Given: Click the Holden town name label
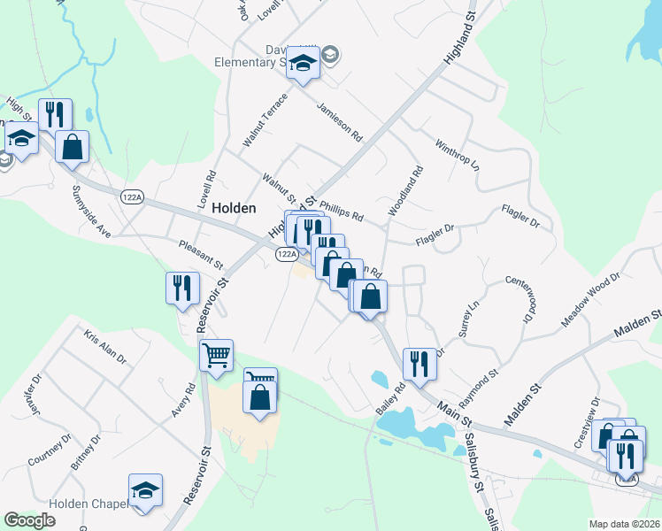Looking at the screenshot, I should (234, 208).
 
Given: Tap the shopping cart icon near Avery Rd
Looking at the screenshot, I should (216, 356).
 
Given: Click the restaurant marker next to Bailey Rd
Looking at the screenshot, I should (417, 364).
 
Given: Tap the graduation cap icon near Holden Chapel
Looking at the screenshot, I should (146, 491).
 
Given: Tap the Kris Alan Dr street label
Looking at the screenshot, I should (105, 350).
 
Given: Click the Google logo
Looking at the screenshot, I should (30, 520).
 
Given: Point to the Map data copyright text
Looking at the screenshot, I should (624, 524).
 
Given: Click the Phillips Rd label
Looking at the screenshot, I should (342, 211).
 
